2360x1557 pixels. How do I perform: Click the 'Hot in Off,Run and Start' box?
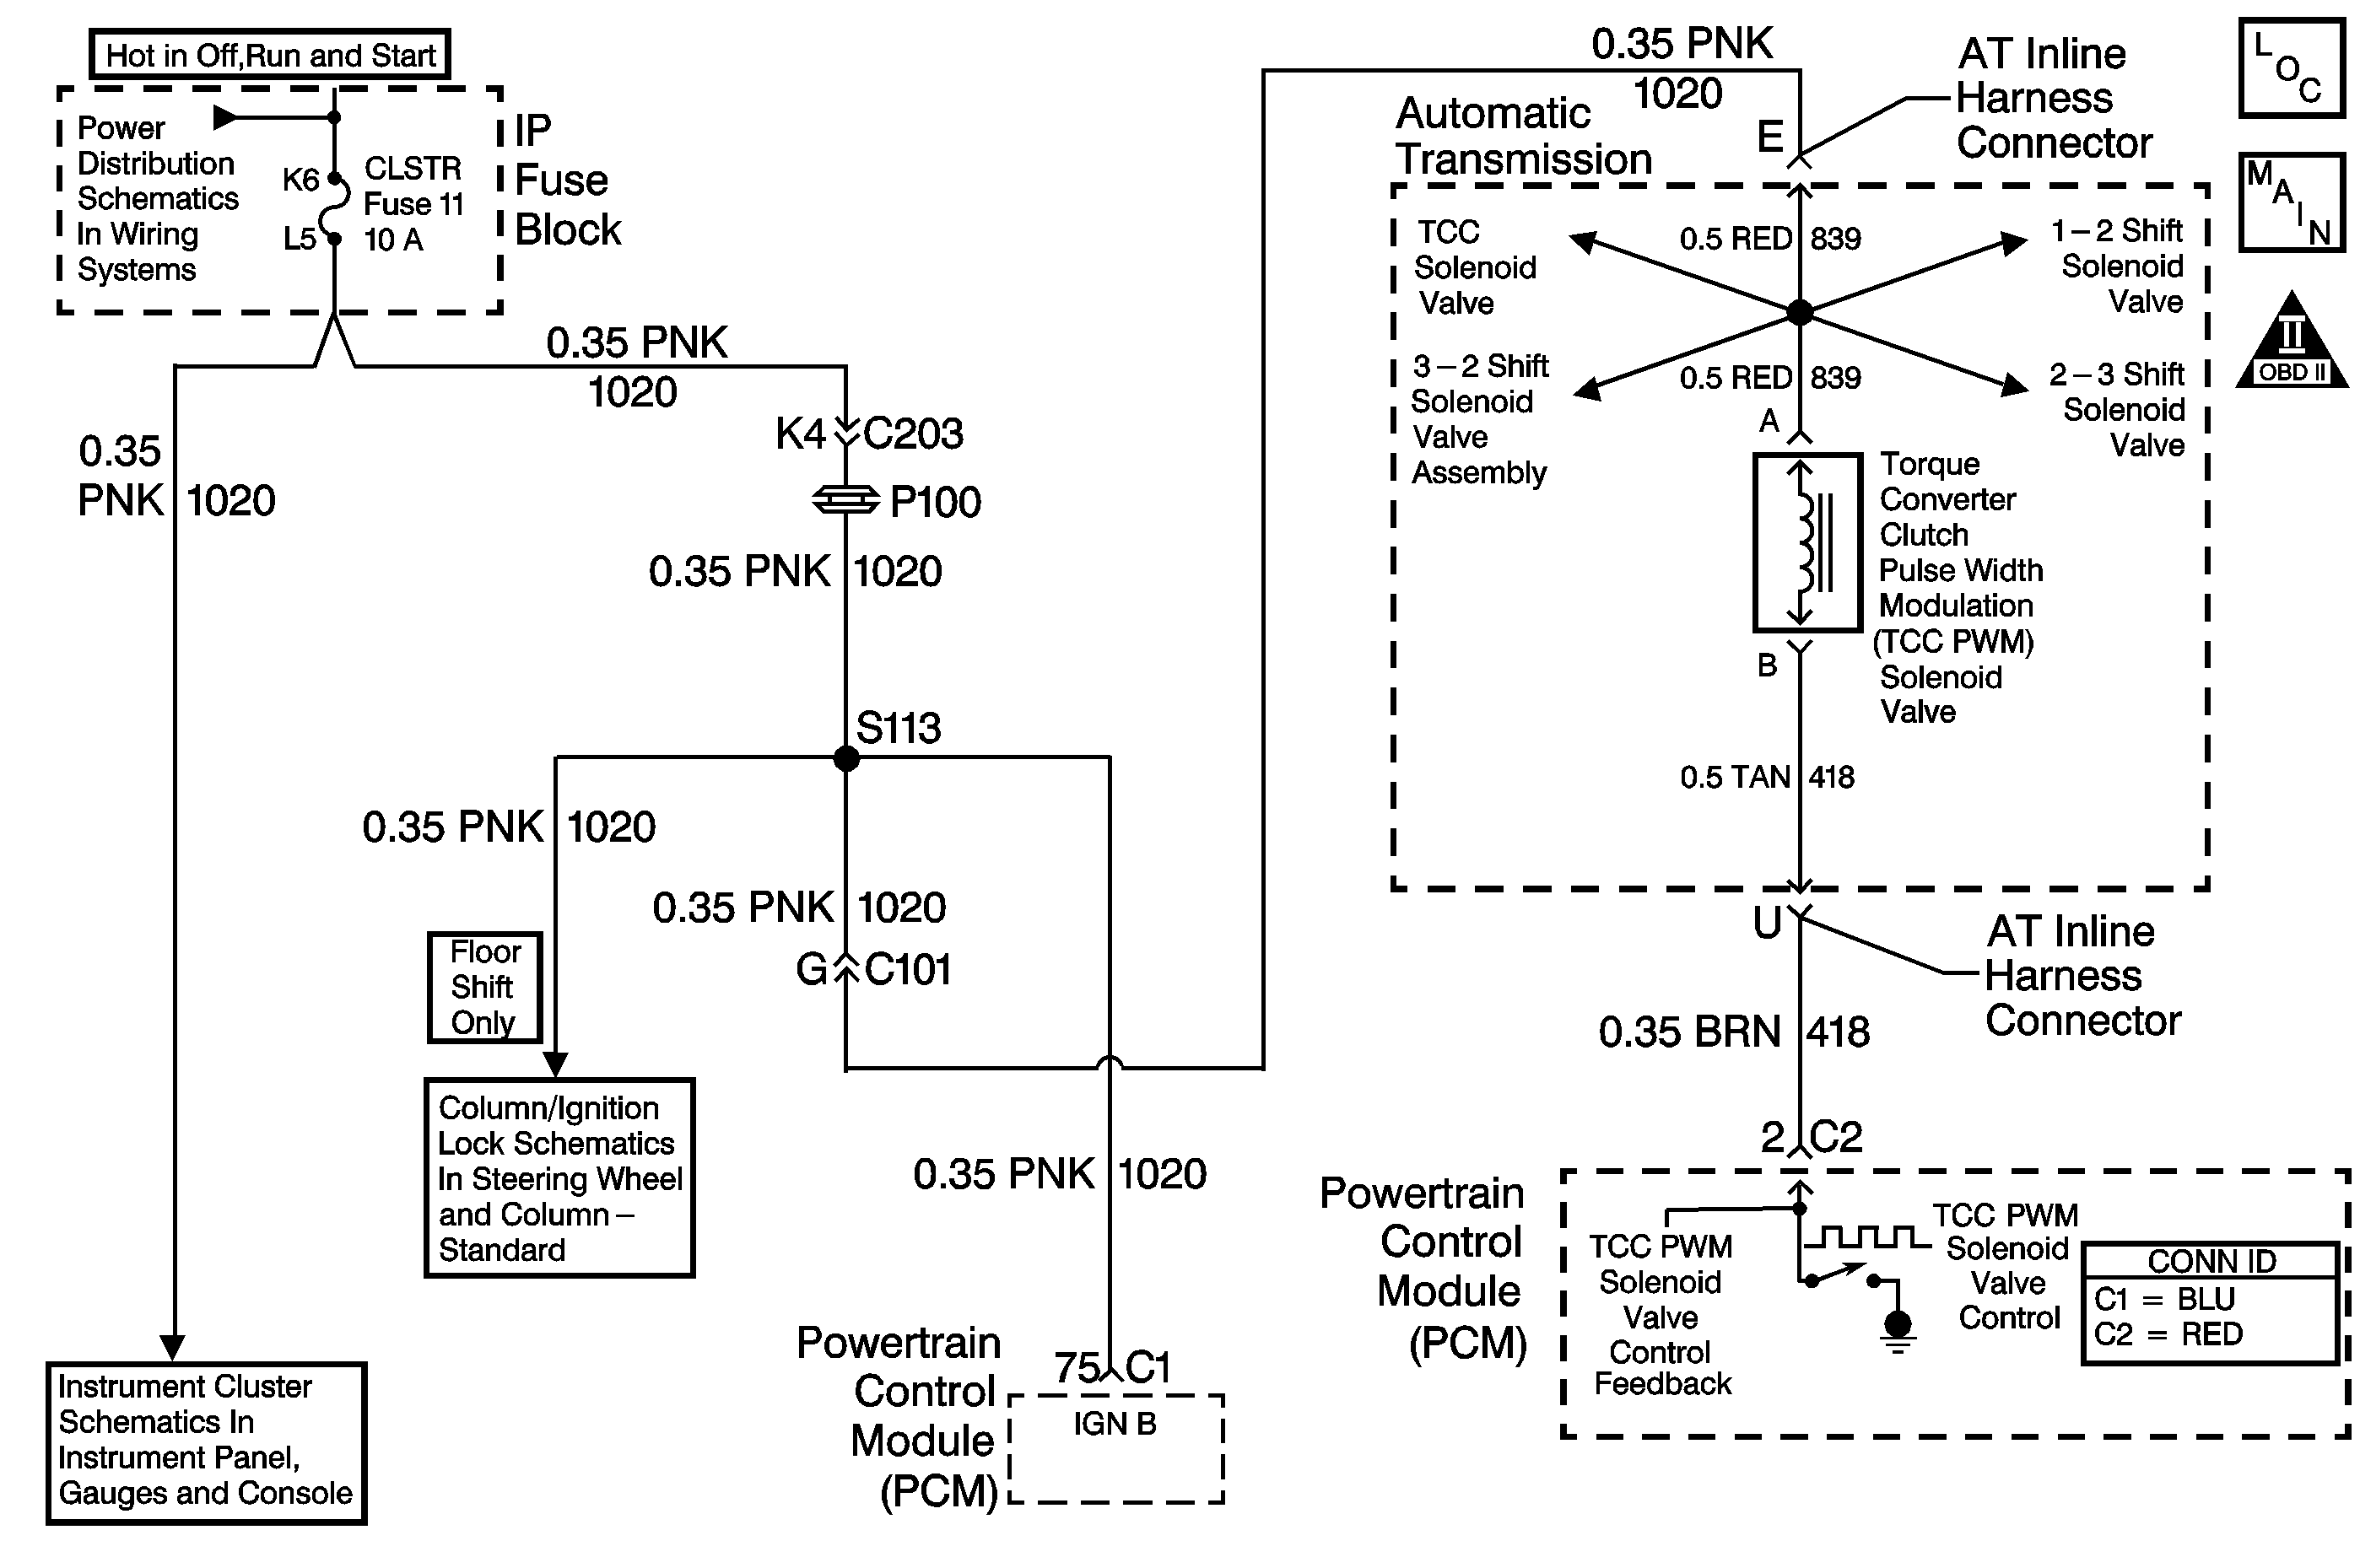269,55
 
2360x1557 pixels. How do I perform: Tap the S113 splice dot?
845,758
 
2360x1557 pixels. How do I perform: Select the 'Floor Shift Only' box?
484,987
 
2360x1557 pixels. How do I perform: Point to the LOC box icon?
2291,68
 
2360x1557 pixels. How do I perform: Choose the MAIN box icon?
2291,202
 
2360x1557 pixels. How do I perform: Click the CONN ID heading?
2211,1261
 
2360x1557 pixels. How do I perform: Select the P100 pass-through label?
935,503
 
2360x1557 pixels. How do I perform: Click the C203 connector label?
913,434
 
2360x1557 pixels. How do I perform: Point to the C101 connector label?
907,970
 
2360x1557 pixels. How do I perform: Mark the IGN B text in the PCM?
1115,1424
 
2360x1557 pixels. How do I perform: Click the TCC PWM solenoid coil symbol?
1806,542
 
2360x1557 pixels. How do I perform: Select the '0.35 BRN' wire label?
1688,1032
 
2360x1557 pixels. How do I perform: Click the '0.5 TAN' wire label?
1734,778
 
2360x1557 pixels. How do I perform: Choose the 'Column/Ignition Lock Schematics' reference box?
559,1177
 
